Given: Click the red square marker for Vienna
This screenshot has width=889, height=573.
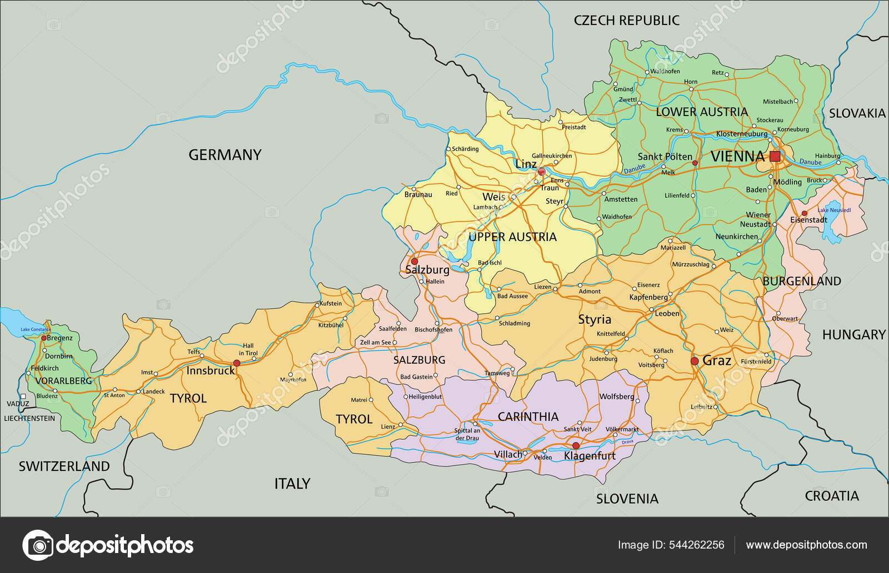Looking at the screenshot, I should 775,156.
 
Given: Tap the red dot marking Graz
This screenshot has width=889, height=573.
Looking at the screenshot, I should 695,361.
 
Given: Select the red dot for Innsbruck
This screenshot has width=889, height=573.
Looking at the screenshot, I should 237,363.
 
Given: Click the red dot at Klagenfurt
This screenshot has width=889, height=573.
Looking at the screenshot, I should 576,446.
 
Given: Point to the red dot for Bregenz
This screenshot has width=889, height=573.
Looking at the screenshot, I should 44,338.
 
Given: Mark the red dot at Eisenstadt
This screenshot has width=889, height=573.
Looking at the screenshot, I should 804,213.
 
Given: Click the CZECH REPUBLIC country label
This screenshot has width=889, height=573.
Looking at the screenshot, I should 626,21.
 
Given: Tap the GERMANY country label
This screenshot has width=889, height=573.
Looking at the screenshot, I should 224,155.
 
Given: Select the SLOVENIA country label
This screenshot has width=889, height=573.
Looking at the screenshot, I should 627,499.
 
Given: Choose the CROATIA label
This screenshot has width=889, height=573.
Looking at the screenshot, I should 831,496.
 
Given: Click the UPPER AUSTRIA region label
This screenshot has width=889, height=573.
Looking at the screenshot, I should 512,237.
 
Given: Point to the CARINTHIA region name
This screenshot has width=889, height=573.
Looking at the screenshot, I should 527,416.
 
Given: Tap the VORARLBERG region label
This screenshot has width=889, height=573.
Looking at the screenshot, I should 63,381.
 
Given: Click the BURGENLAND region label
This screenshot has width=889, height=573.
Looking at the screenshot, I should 801,281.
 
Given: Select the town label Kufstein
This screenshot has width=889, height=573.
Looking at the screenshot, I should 331,303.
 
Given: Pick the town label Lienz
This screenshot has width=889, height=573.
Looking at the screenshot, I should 388,426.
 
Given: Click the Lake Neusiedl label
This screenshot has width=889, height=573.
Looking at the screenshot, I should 834,210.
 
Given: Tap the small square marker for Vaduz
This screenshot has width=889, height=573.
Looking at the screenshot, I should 23,396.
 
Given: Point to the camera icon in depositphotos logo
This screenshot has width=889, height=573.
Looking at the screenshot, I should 38,545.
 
